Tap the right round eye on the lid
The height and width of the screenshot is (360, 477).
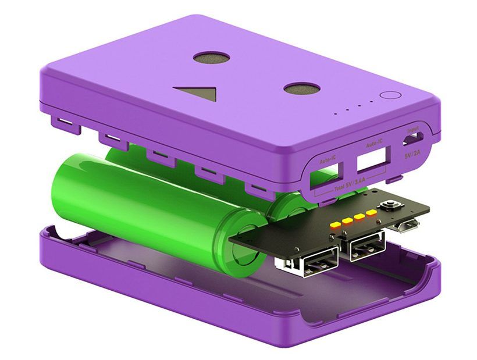(x=302, y=88)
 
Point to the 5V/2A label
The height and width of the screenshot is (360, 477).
(x=414, y=155)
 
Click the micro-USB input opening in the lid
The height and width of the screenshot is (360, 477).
(x=414, y=140)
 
